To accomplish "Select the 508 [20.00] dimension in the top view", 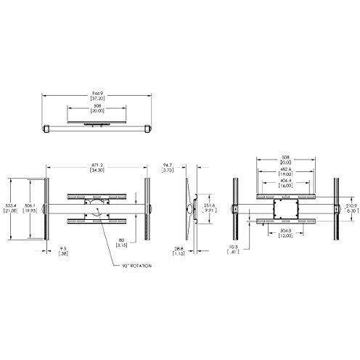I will tap(96, 110).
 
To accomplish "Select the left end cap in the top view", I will tap(47, 128).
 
